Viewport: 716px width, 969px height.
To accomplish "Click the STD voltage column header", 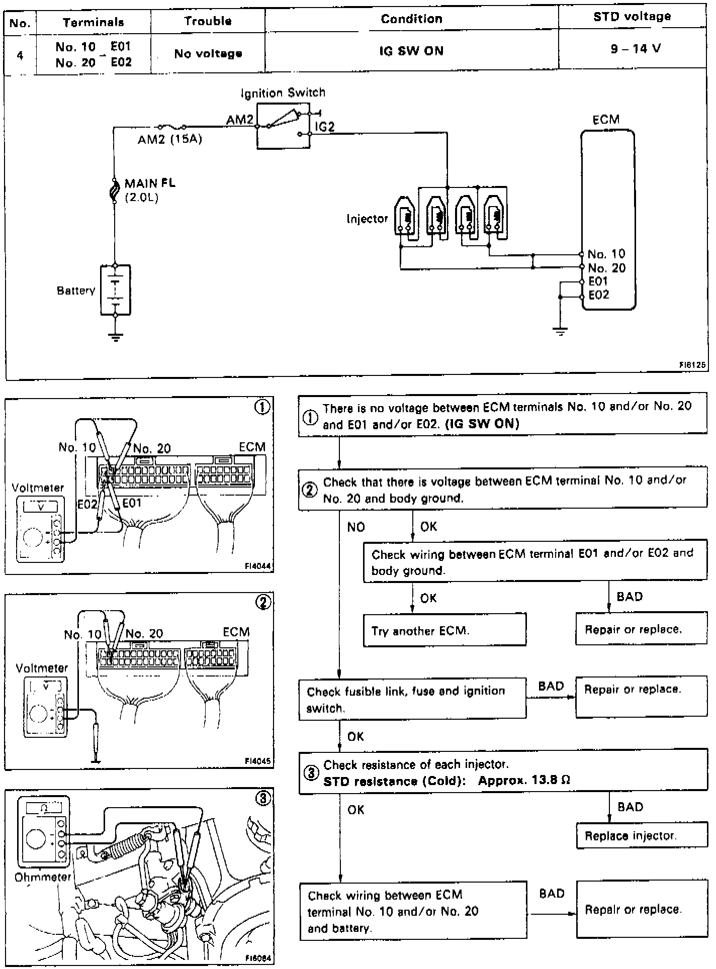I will coord(632,17).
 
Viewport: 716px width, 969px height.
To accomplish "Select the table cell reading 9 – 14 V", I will coord(636,49).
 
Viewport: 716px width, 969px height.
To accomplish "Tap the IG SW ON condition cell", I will coord(411,51).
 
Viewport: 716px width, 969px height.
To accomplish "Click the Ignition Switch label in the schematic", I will coord(283,93).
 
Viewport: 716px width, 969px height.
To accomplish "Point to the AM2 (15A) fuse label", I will coord(170,140).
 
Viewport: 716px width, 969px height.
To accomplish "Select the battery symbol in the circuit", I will coord(116,290).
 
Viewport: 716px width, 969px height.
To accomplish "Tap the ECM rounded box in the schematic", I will coord(608,220).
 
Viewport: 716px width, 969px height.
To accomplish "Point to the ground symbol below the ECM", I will coord(560,331).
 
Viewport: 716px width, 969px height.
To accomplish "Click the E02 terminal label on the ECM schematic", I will coord(599,295).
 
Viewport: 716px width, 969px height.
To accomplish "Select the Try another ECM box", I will coord(444,630).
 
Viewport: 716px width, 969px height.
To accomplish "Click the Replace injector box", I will coord(641,836).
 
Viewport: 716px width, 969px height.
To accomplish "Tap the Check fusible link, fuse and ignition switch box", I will coord(412,699).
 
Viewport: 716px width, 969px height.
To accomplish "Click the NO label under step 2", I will coord(356,527).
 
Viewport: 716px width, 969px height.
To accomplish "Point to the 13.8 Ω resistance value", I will coord(549,781).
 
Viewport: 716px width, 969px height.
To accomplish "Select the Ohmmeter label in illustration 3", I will coord(43,877).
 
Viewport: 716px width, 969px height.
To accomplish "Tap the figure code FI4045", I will coord(257,761).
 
